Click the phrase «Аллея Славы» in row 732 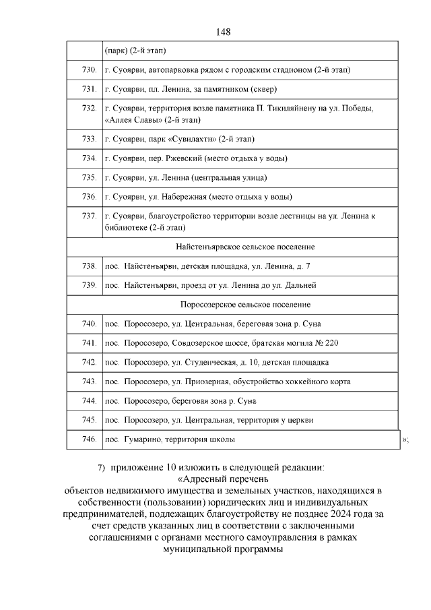tap(133, 119)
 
